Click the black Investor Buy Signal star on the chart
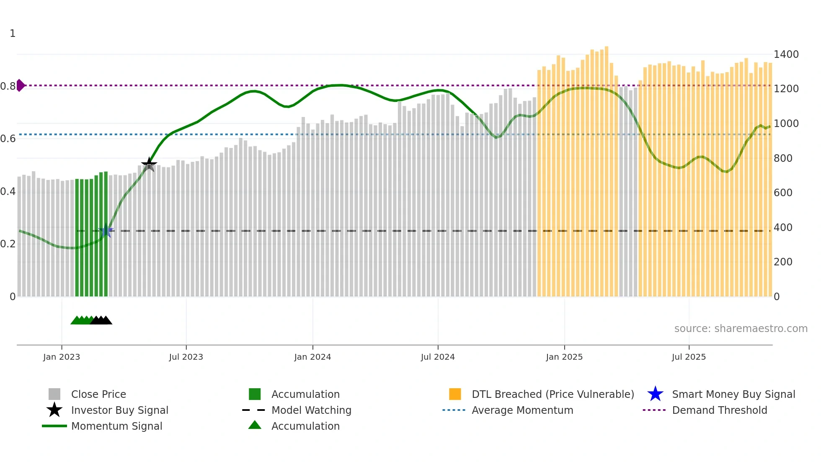click(x=149, y=164)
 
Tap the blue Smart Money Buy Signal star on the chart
click(x=106, y=231)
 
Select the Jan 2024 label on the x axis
click(x=312, y=357)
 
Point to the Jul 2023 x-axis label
click(x=186, y=357)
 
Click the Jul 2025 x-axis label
click(x=689, y=357)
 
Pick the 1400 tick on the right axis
click(x=786, y=55)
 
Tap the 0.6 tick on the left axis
click(x=8, y=139)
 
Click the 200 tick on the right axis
click(x=783, y=262)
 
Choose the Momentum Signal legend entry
click(x=116, y=426)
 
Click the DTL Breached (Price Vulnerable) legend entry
click(x=552, y=394)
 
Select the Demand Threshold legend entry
click(x=719, y=410)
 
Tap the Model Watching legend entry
click(x=311, y=410)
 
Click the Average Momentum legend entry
click(x=522, y=410)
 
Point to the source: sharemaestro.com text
click(x=741, y=329)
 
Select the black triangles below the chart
click(x=101, y=321)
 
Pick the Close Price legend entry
click(x=98, y=394)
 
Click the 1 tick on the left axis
click(x=13, y=34)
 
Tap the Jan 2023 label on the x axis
click(x=62, y=357)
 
